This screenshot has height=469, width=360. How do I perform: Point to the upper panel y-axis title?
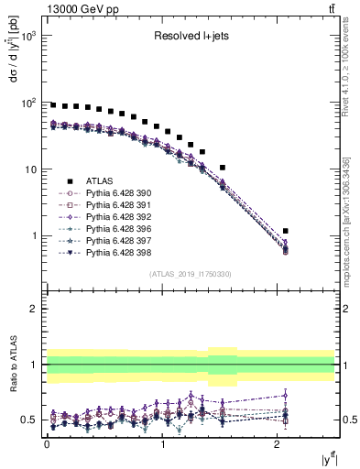coord(12,80)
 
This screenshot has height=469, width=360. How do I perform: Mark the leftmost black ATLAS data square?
coord(53,105)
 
